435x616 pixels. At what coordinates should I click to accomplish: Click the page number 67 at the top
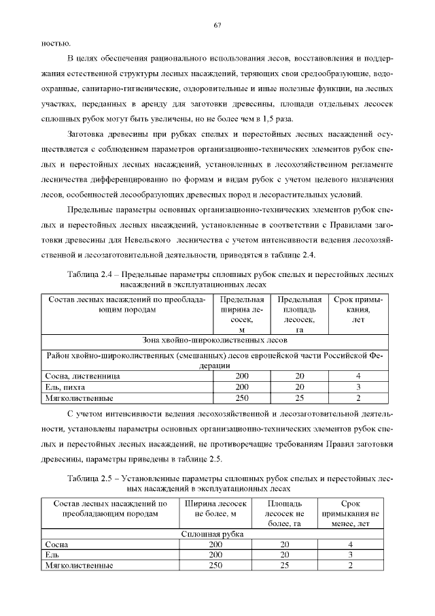coord(217,25)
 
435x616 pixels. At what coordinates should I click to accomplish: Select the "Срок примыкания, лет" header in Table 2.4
coord(358,309)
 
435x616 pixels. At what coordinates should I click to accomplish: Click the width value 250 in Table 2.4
coord(241,398)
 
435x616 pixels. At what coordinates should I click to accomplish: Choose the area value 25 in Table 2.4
coord(299,398)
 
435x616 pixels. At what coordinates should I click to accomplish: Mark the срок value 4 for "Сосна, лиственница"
coord(358,376)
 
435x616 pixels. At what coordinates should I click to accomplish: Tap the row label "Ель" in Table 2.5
coord(52,555)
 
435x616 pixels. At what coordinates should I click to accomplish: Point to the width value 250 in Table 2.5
coord(215,566)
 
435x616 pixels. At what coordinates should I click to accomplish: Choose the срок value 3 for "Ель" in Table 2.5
coord(350,555)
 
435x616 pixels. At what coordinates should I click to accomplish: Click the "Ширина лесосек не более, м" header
coord(215,508)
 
